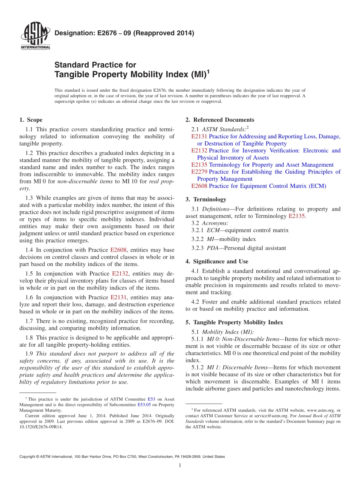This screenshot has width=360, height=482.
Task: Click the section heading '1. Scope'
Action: pos(31,120)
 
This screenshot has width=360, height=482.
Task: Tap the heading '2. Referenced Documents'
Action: pos(220,120)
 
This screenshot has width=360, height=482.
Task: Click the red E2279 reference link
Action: pos(199,172)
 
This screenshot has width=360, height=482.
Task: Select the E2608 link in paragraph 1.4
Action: pos(118,250)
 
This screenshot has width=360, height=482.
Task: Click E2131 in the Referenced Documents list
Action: pos(199,136)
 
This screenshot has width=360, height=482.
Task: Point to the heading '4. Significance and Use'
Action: pos(217,261)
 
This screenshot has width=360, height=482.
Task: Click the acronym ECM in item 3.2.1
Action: pos(213,230)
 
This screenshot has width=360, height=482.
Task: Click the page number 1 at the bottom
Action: pos(180,466)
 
